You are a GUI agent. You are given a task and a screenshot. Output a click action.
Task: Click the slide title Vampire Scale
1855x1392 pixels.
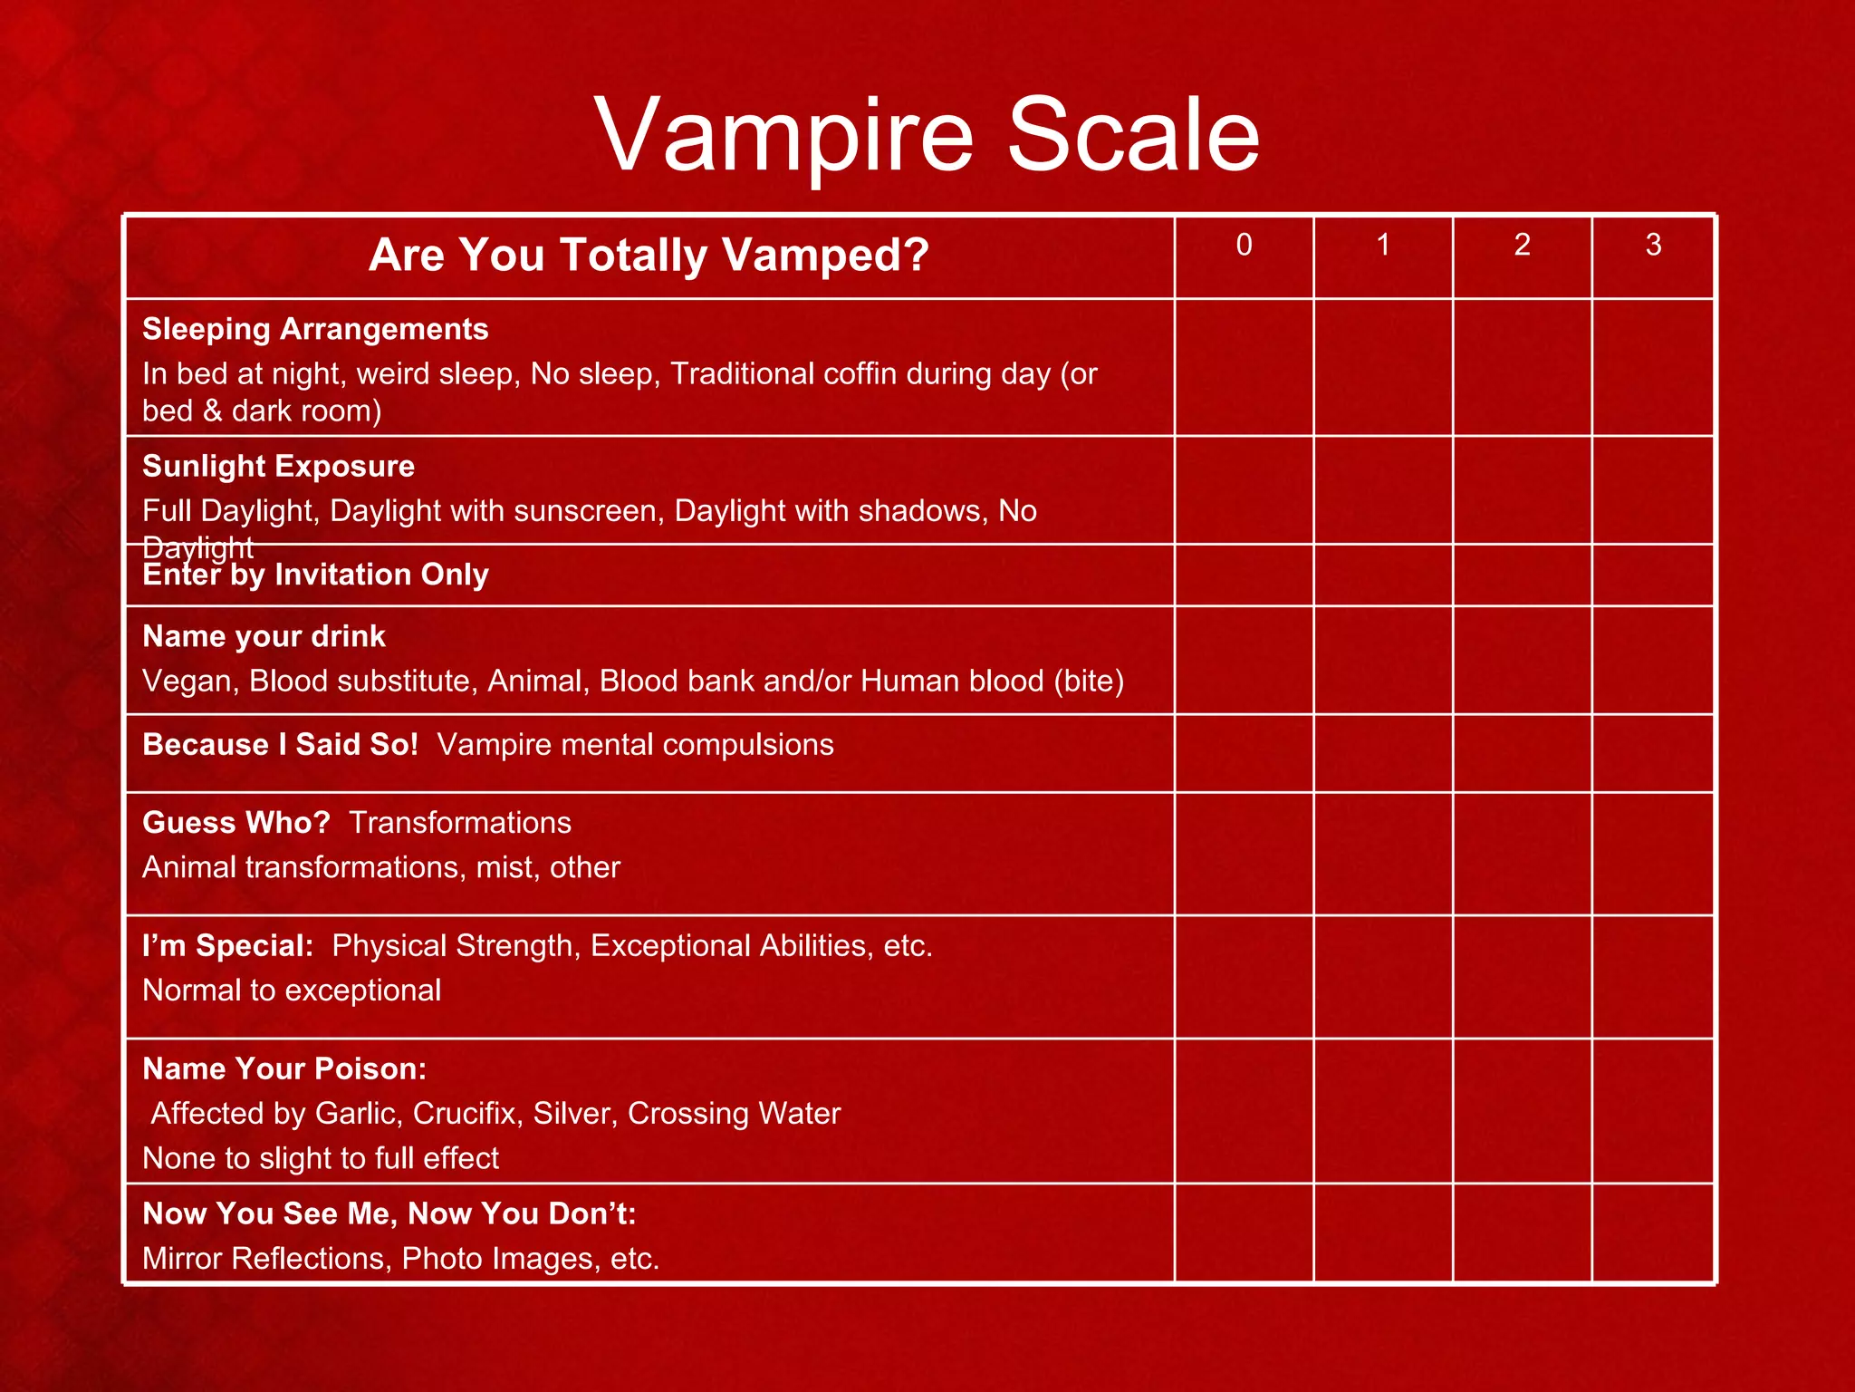(927, 135)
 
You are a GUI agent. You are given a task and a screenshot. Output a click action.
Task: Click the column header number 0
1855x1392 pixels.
(1244, 245)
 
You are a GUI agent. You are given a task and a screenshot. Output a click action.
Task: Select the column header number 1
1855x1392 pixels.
(1383, 245)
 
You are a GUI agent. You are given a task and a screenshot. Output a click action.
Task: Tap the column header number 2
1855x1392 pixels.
(1522, 245)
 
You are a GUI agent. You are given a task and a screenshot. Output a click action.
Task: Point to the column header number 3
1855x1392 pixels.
(1653, 245)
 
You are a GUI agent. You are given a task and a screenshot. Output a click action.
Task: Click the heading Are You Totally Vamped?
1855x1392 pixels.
(649, 255)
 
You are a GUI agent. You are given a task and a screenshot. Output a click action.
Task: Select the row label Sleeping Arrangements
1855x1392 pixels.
(315, 329)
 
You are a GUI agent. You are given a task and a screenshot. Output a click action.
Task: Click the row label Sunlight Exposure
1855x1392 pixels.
(278, 466)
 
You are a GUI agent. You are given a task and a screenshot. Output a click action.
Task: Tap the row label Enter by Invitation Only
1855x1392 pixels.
(315, 575)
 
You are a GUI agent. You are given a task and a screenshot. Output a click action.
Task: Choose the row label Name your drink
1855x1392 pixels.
(264, 636)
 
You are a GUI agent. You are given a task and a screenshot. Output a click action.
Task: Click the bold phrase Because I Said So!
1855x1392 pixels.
(280, 745)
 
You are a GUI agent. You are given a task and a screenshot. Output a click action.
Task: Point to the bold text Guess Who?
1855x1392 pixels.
(236, 823)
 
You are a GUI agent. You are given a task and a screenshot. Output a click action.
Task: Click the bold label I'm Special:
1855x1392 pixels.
(227, 946)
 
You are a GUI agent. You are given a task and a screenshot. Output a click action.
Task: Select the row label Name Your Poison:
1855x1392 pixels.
(284, 1069)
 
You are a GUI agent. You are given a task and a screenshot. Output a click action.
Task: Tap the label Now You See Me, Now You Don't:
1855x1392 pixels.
(389, 1214)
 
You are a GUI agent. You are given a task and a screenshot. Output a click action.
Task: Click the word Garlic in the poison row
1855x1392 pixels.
(357, 1114)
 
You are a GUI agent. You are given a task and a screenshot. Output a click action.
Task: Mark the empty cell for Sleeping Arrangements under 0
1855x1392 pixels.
(1244, 368)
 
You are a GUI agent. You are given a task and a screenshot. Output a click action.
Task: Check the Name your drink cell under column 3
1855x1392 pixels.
(1653, 661)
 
